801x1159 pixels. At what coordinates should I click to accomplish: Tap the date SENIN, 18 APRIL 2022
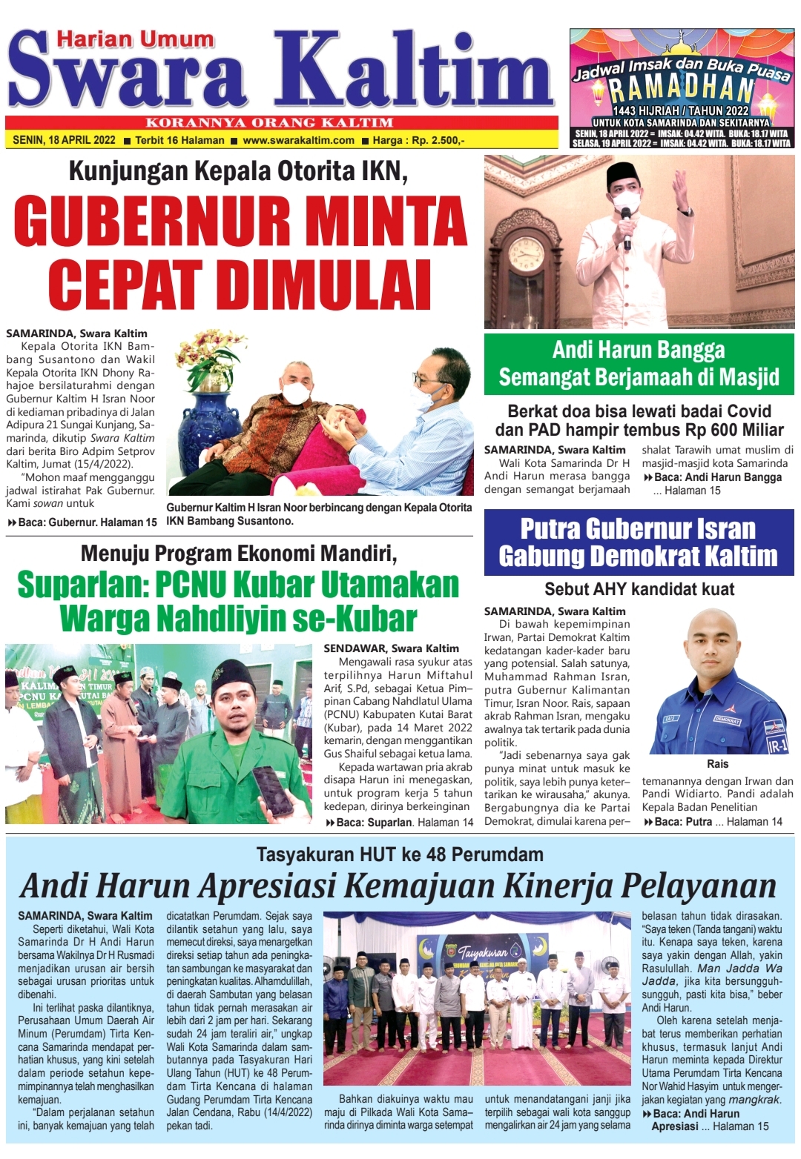coord(64,140)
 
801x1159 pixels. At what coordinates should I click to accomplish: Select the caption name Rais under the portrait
coord(717,764)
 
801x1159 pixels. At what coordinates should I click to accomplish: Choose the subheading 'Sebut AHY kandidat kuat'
coord(639,589)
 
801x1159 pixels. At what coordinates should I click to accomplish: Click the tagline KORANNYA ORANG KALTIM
coord(269,123)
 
